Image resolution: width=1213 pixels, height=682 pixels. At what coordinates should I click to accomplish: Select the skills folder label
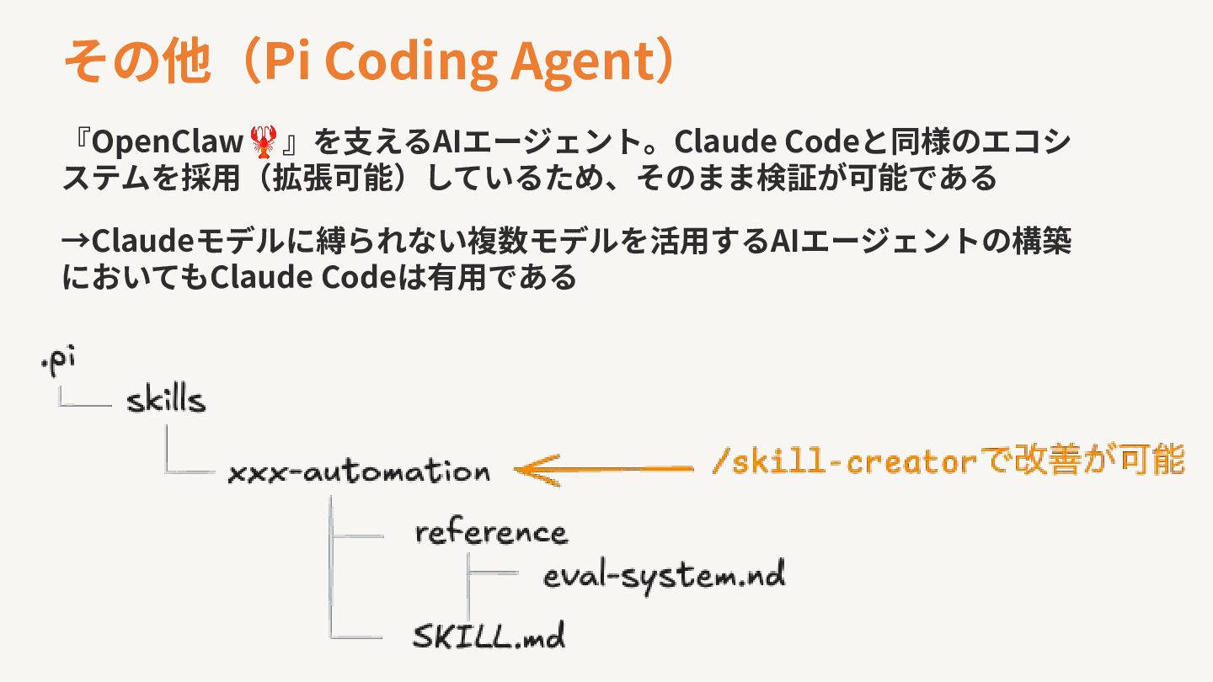(x=166, y=400)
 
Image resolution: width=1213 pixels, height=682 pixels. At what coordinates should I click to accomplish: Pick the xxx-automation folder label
(x=359, y=471)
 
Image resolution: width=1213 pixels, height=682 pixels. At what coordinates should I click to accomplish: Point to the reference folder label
(x=491, y=533)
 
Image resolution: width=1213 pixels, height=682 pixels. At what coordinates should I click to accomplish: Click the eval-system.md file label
(x=664, y=576)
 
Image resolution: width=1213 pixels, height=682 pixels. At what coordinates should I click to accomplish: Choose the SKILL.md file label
(x=489, y=636)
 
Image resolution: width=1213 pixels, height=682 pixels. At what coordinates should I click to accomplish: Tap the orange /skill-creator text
(x=843, y=462)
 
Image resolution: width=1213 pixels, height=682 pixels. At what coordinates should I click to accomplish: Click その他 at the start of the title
(x=135, y=61)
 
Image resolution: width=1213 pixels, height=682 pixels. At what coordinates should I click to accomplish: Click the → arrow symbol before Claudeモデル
(x=76, y=242)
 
